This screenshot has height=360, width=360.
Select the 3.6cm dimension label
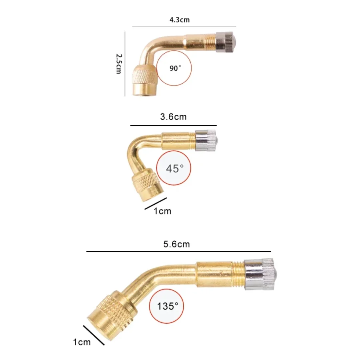coord(173,117)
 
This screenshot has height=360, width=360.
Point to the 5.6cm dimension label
coord(176,244)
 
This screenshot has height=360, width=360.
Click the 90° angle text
coord(175,68)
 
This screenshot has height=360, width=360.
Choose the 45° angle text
coord(174,168)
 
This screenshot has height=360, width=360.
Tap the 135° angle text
coord(168,306)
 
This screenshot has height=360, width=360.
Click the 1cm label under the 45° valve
coord(162,211)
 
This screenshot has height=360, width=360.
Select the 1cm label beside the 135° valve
coord(82,342)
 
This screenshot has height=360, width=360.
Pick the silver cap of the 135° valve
coord(259,274)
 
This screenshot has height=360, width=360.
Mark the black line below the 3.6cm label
coord(173,125)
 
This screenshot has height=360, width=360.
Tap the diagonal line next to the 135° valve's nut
coord(94,335)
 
